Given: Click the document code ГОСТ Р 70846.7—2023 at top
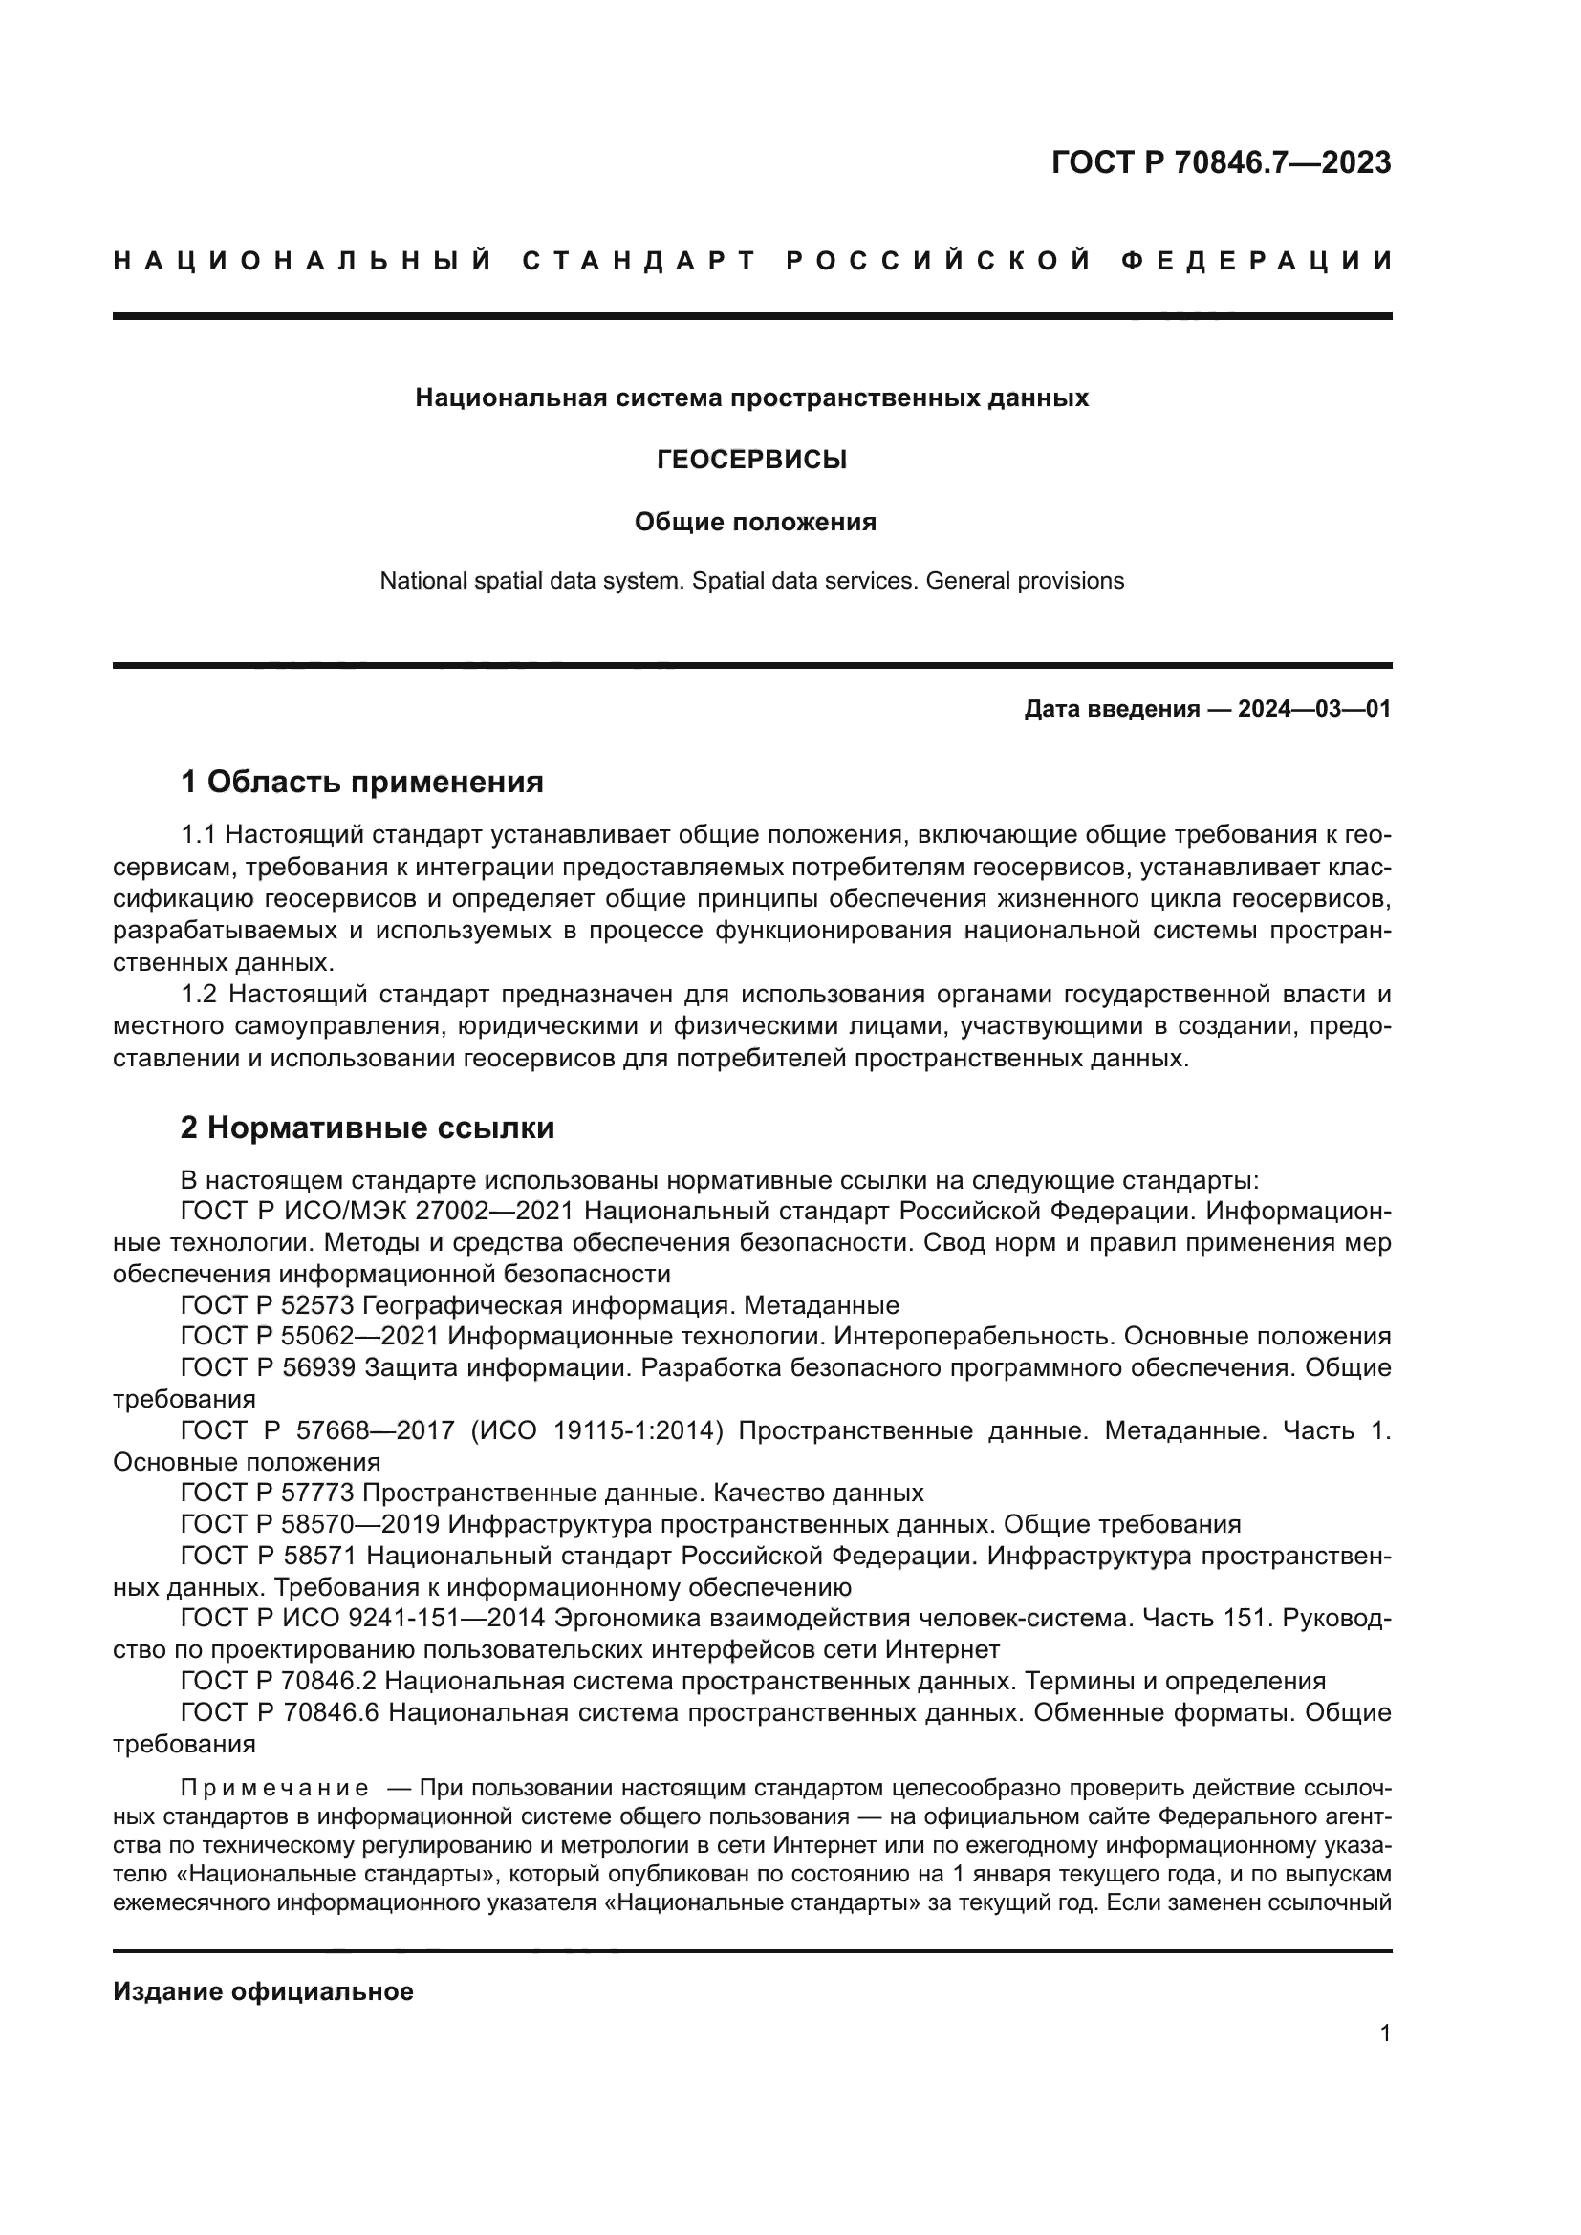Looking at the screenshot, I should (x=1221, y=162).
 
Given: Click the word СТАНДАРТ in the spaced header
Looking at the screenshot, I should (x=639, y=261).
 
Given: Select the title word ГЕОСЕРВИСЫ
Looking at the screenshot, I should (x=751, y=460).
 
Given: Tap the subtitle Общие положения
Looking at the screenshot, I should (x=755, y=523).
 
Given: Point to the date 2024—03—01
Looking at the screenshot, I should (x=1313, y=709).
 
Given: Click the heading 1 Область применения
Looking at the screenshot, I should (x=362, y=781).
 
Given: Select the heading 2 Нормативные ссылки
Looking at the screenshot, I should (x=368, y=1128).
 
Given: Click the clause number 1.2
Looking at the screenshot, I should (x=203, y=994).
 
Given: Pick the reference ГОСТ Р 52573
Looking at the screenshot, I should (x=269, y=1305).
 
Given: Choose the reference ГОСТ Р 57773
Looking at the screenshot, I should (x=269, y=1494).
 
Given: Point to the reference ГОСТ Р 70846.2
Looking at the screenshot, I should (x=279, y=1681).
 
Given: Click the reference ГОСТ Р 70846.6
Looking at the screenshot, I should (x=279, y=1712).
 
